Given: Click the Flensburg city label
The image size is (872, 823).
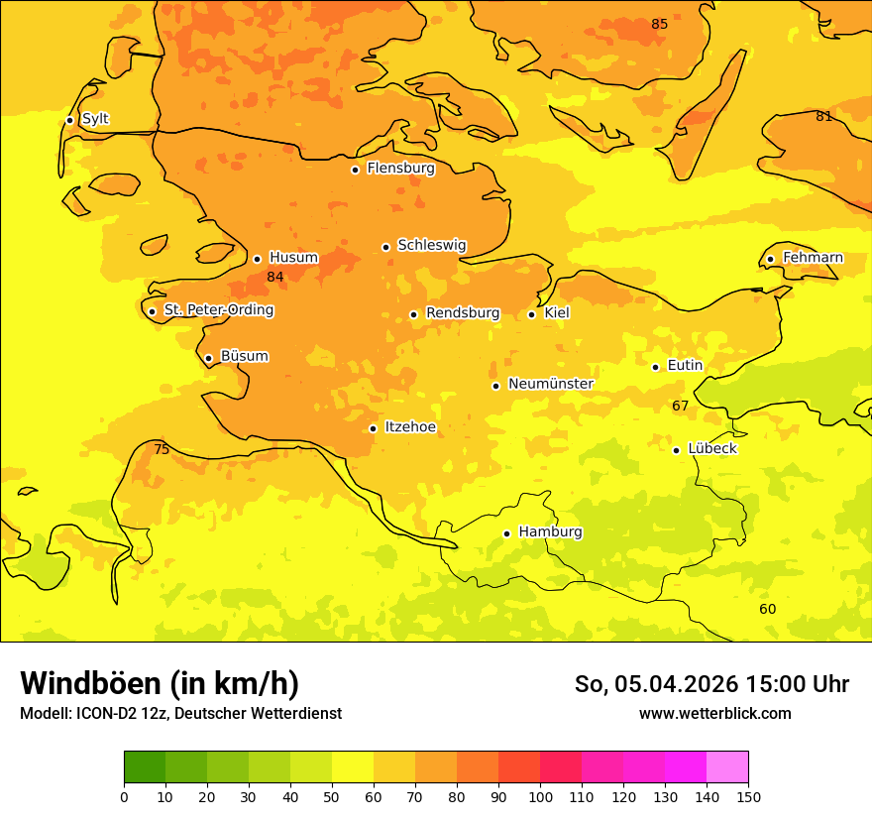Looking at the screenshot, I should click(400, 169).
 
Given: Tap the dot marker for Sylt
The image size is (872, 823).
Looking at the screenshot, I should click(69, 120).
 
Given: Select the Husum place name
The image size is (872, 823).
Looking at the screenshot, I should click(293, 258).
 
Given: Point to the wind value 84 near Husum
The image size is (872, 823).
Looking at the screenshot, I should click(275, 277).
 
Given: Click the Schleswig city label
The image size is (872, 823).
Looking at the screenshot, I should click(431, 245).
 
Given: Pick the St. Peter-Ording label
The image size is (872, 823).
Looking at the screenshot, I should click(219, 310).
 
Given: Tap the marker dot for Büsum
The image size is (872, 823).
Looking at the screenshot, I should click(208, 358).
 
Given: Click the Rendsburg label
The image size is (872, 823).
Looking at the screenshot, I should click(463, 313).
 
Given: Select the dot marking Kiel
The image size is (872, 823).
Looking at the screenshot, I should click(532, 314).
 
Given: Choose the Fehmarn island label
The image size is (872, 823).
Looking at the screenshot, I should click(813, 258).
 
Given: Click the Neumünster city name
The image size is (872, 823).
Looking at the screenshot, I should click(551, 384).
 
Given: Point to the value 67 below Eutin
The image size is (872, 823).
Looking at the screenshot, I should click(680, 406).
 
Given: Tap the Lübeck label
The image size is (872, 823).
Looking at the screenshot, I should click(712, 448).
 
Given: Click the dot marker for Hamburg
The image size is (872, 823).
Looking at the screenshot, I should click(506, 533).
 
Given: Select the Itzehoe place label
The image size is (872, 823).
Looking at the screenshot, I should click(410, 427).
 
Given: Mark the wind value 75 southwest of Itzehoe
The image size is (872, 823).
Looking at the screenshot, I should click(162, 449).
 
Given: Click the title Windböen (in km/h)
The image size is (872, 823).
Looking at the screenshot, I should click(160, 683).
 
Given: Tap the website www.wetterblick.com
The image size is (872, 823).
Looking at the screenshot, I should click(714, 713).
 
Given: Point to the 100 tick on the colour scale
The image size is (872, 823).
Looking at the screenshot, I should click(540, 796).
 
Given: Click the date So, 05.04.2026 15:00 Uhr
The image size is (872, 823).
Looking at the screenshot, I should click(711, 684).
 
